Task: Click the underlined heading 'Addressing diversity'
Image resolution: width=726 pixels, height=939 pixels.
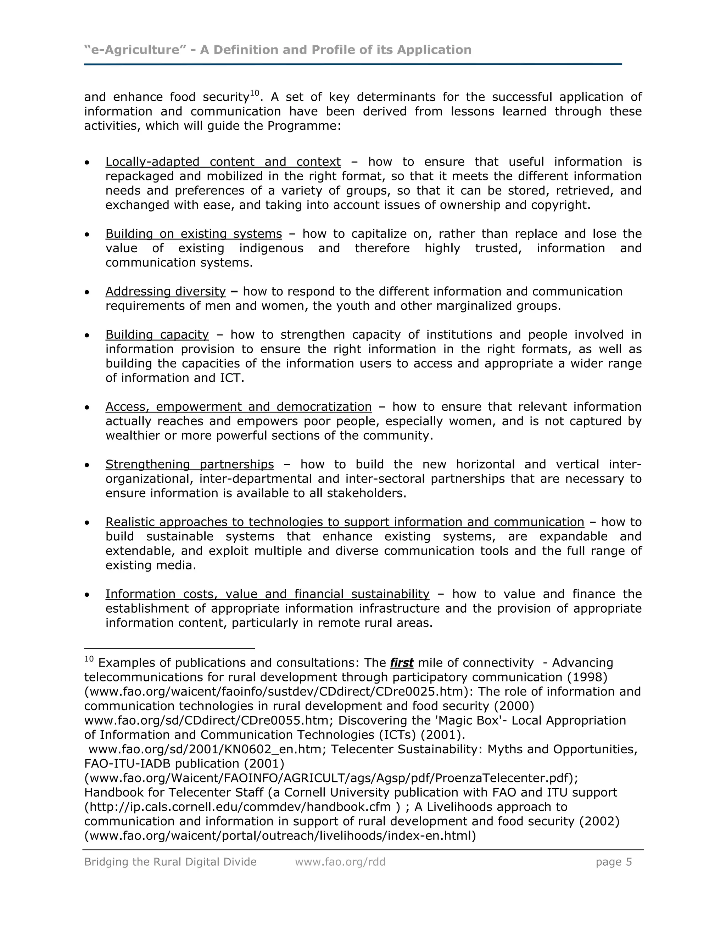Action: point(166,292)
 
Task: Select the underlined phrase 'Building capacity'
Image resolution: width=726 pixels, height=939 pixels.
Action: point(157,334)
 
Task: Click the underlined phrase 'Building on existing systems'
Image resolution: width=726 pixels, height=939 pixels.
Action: point(194,234)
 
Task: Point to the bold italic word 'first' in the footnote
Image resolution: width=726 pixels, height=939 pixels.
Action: point(401,663)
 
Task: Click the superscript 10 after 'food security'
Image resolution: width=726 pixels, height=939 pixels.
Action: point(255,93)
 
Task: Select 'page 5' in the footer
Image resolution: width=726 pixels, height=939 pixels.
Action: point(613,862)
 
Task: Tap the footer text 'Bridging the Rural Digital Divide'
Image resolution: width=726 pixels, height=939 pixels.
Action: point(170,862)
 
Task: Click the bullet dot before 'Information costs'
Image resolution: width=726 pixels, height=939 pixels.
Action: point(87,595)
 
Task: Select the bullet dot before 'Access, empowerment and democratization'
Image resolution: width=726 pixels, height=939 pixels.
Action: point(87,407)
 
